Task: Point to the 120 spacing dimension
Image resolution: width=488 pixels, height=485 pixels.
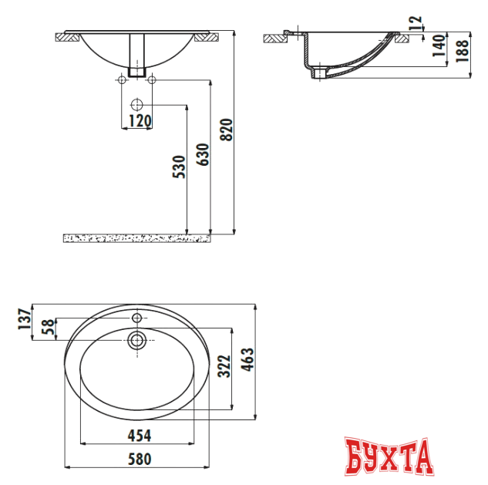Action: (139, 121)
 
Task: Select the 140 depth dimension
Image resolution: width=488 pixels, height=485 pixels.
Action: (437, 46)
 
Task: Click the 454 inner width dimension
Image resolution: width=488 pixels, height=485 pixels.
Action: (138, 436)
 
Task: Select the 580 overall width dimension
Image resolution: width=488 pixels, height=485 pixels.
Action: (138, 459)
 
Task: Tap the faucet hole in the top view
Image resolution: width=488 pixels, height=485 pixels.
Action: (137, 318)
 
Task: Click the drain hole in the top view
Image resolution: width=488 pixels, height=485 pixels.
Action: (137, 339)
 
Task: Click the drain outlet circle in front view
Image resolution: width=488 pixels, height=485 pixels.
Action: (136, 103)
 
